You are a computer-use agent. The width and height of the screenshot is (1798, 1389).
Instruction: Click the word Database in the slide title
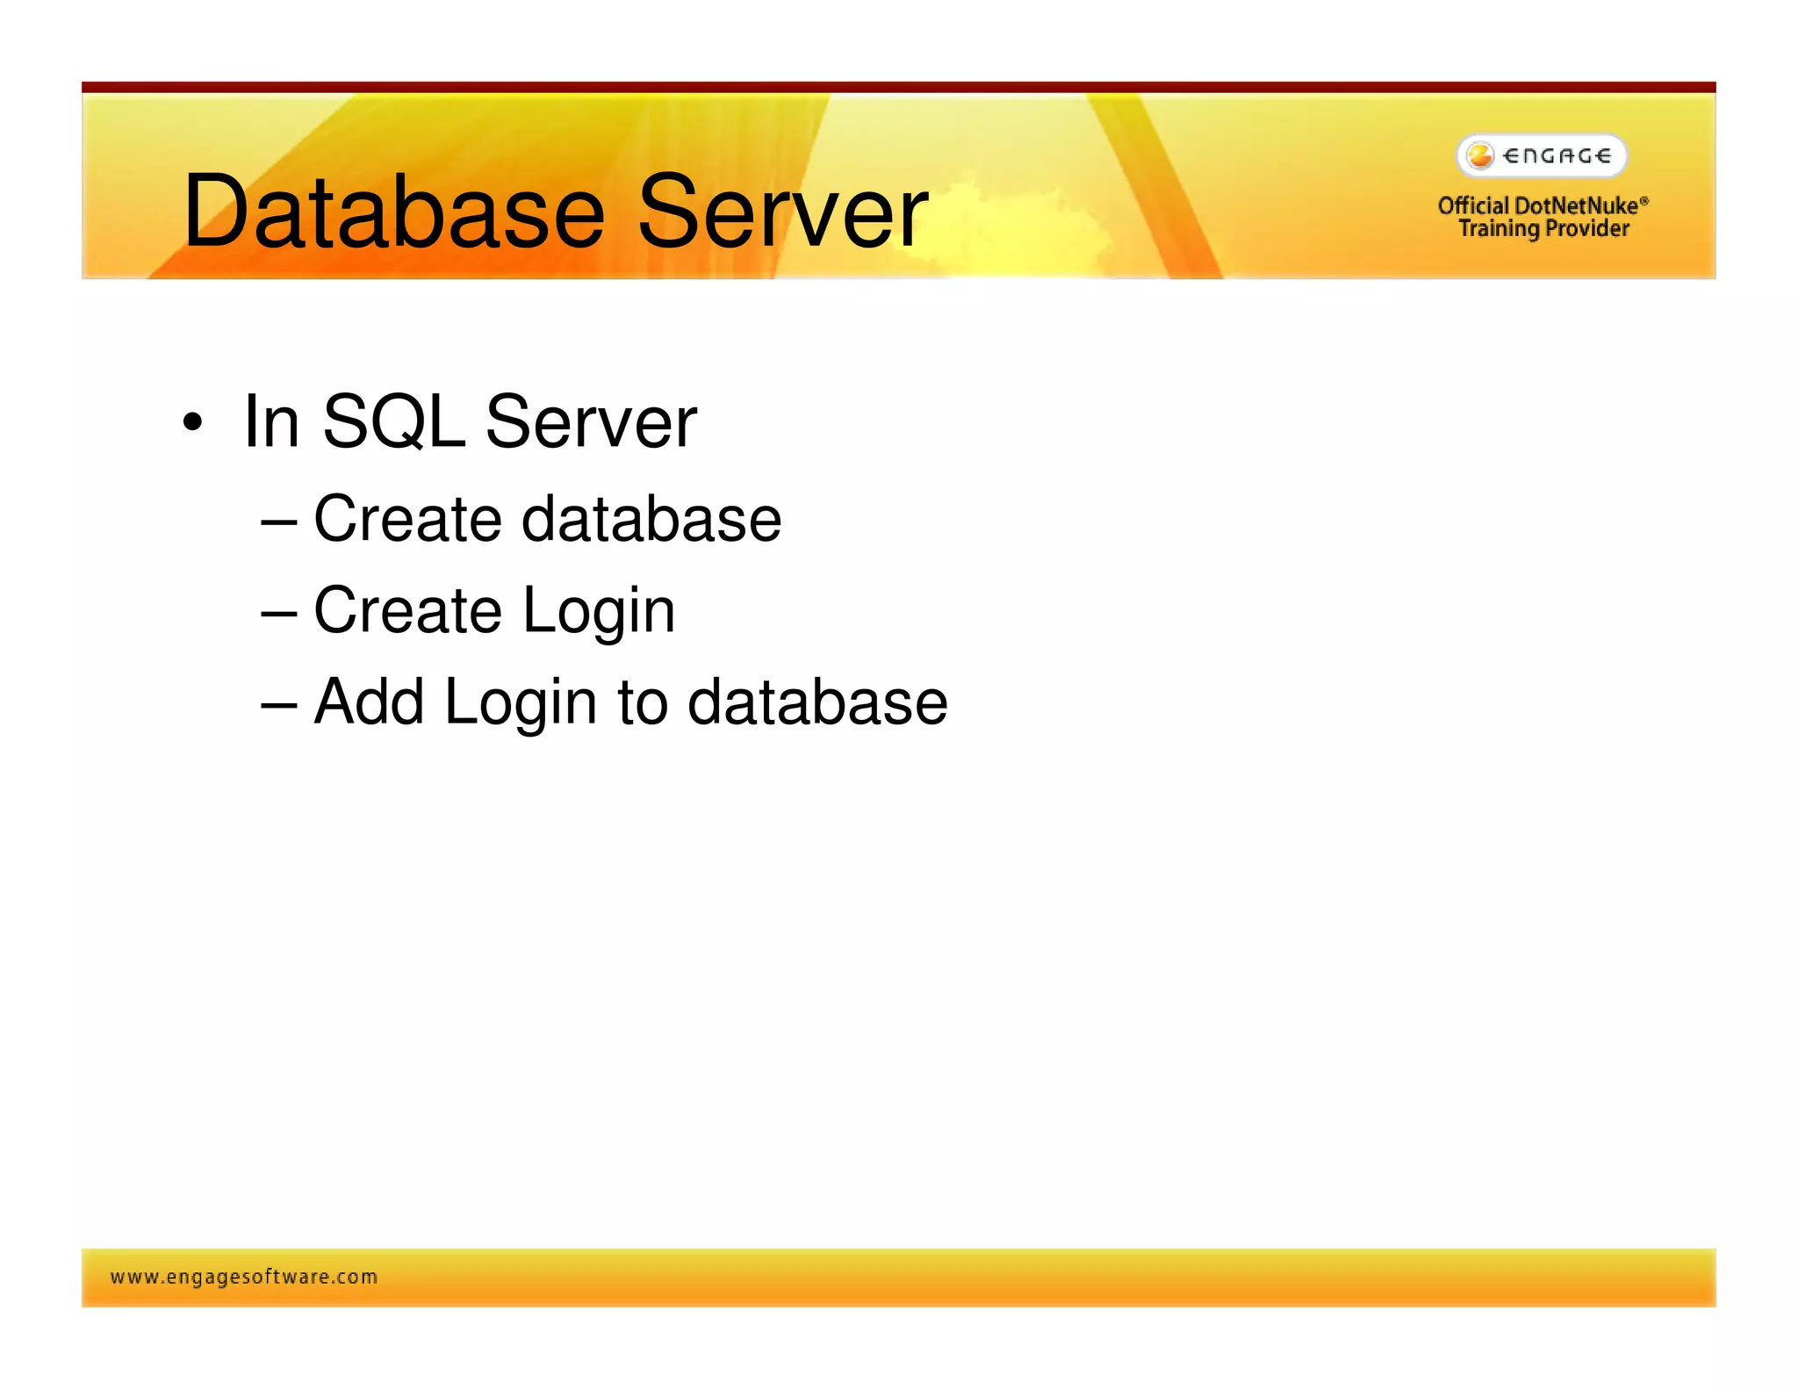click(x=394, y=212)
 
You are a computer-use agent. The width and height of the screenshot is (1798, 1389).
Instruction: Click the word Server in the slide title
click(x=782, y=212)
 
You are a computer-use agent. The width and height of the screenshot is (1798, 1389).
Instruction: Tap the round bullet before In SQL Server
click(x=192, y=422)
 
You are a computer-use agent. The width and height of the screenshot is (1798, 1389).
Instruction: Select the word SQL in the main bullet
click(x=392, y=422)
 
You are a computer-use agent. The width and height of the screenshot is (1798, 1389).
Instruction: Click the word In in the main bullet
click(x=271, y=422)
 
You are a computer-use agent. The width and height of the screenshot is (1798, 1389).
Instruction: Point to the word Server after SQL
click(x=591, y=422)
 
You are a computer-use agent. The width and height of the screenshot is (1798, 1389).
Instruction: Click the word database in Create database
click(x=651, y=519)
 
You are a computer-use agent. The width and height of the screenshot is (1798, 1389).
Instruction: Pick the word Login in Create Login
click(x=599, y=612)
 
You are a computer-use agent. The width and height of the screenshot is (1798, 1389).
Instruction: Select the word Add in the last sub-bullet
click(x=369, y=702)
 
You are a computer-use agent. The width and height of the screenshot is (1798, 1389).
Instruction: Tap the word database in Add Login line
click(x=817, y=702)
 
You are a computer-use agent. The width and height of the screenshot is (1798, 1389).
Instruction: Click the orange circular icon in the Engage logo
click(x=1480, y=155)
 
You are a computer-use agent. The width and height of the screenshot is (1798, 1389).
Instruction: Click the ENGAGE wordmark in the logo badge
click(x=1557, y=156)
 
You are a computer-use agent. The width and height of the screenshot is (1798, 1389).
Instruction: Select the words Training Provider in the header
click(x=1543, y=229)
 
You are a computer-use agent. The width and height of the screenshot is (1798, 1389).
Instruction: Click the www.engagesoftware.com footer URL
click(x=244, y=1277)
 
